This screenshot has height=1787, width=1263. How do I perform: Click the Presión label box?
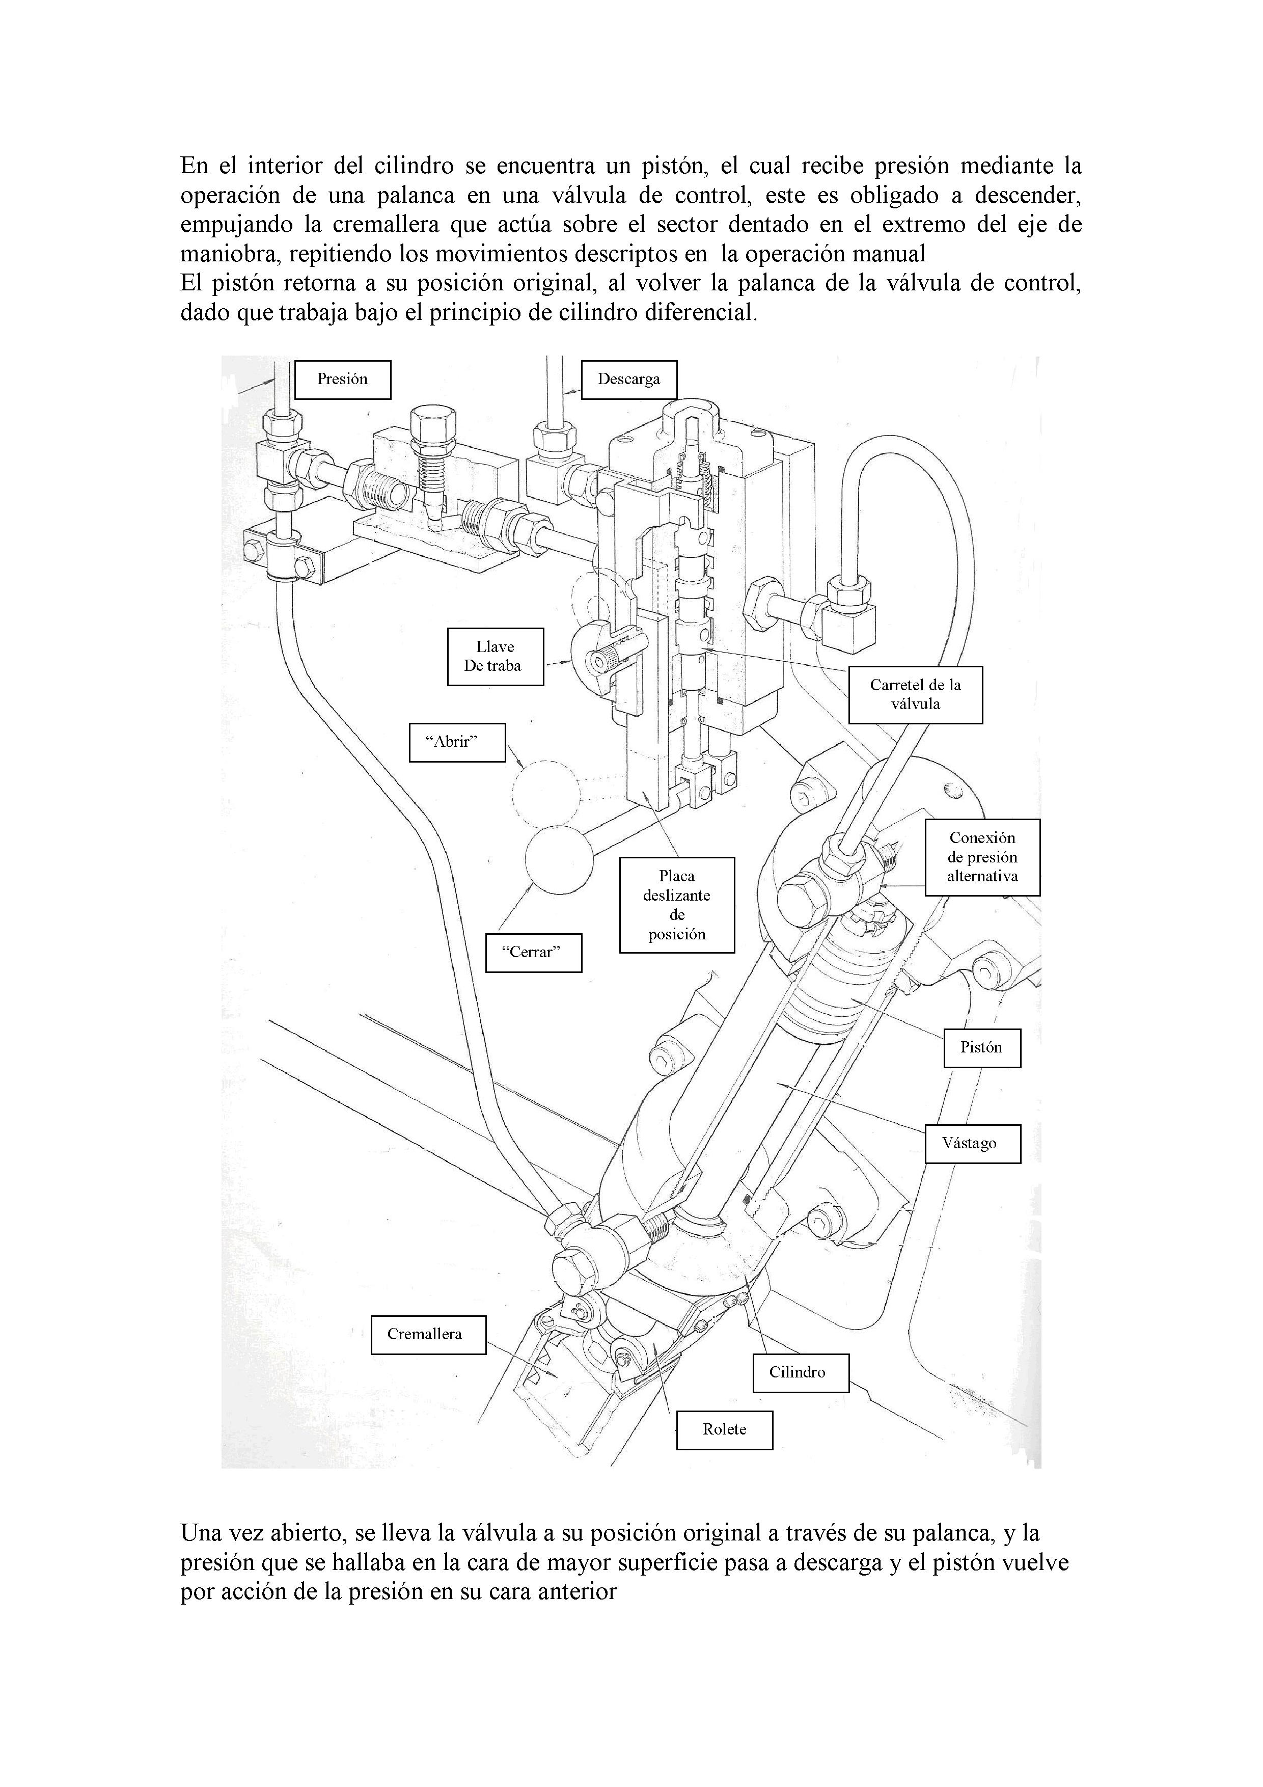pos(342,380)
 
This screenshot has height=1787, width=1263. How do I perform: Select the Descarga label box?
pos(629,380)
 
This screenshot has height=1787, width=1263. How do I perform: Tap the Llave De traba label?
pos(495,657)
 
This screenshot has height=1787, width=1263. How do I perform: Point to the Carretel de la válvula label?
pos(915,694)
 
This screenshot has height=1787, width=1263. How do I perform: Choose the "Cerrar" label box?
pos(533,953)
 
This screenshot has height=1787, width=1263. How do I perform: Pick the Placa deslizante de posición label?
pos(676,905)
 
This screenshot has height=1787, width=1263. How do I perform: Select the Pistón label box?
pos(980,1048)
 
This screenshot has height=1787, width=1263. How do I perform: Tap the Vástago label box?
pos(972,1143)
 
